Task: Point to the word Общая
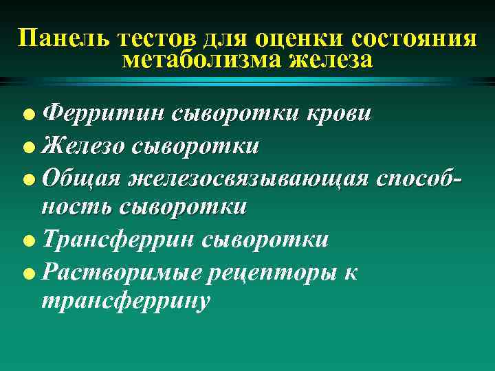pyautogui.click(x=77, y=177)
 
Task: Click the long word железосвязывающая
pyautogui.click(x=243, y=177)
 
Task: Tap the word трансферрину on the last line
pyautogui.click(x=125, y=302)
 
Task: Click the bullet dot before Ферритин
pyautogui.click(x=27, y=114)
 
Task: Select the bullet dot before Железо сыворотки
pyautogui.click(x=27, y=146)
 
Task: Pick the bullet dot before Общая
pyautogui.click(x=27, y=177)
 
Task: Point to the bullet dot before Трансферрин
pyautogui.click(x=27, y=240)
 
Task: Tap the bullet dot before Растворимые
pyautogui.click(x=27, y=272)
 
